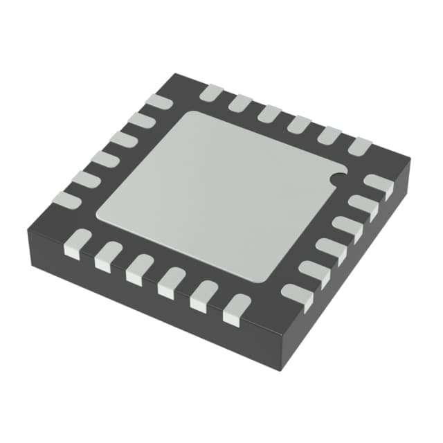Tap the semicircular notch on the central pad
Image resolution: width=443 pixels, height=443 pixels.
coord(337,179)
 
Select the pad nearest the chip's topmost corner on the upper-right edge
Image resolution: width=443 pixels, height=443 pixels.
coord(211,93)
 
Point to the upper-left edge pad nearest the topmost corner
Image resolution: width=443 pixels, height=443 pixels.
coord(159,101)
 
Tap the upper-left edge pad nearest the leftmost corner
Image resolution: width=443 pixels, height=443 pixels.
coord(67,200)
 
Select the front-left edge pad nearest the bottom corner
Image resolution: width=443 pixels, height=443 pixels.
coord(236,309)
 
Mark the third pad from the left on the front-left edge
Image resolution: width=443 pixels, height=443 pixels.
coord(140,269)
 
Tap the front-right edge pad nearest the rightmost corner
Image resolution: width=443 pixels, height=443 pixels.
coord(378,186)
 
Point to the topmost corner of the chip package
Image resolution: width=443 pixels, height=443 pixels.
coord(177,73)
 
